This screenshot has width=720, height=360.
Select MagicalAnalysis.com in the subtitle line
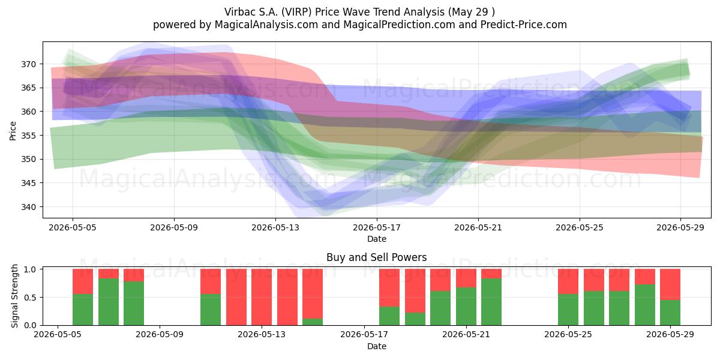[266, 25]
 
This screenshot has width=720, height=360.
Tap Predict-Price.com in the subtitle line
[524, 25]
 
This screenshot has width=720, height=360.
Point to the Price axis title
[13, 131]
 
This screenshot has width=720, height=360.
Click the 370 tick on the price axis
[28, 64]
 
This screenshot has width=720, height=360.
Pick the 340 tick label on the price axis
[28, 207]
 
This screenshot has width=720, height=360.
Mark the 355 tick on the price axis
[28, 136]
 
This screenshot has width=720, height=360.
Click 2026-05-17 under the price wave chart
[377, 227]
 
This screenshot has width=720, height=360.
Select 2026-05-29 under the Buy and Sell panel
[670, 335]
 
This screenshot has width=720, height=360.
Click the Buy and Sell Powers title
[377, 257]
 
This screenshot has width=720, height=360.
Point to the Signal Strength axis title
[14, 296]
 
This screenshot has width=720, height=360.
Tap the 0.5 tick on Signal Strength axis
[30, 298]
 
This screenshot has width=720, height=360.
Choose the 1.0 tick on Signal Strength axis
[30, 269]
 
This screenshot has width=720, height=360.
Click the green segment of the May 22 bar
[491, 302]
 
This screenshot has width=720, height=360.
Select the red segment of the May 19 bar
[415, 290]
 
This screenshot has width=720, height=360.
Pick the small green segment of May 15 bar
[313, 322]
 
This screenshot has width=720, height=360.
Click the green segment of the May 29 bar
[670, 313]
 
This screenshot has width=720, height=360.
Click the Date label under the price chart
[377, 239]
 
